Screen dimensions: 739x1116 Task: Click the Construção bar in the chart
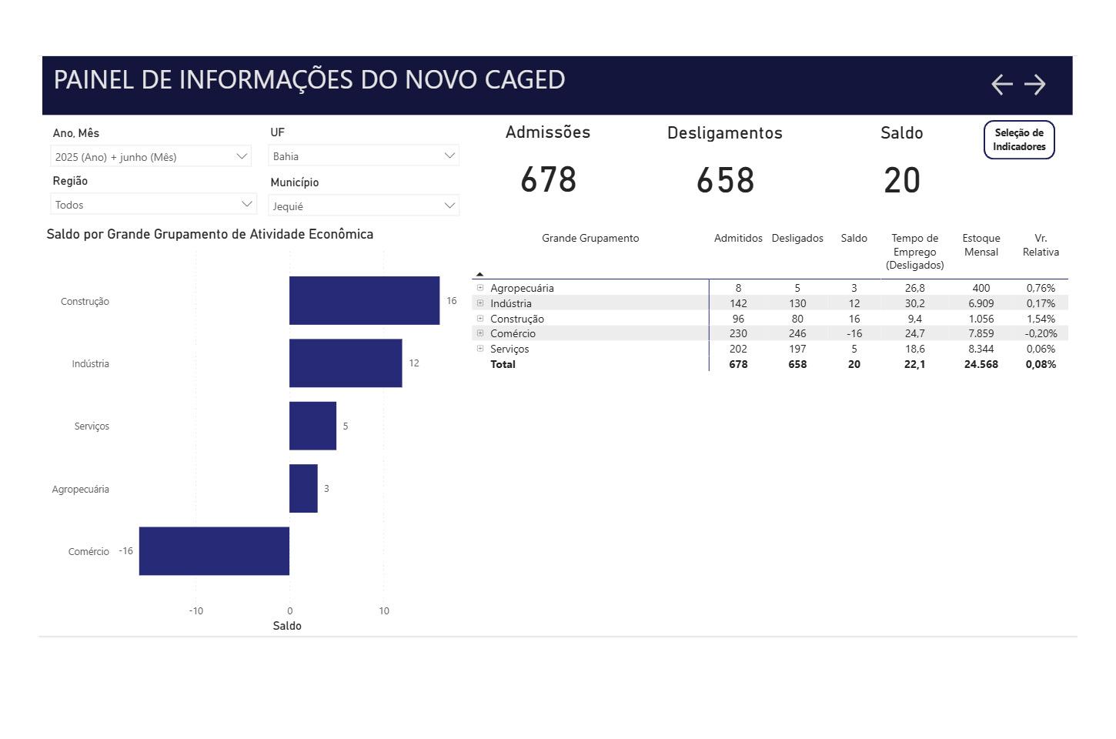coord(364,300)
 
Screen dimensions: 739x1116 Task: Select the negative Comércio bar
coord(214,551)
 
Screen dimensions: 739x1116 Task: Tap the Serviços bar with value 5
coord(312,426)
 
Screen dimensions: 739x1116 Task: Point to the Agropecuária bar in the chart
coord(303,488)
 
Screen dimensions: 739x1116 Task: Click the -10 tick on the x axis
coord(195,610)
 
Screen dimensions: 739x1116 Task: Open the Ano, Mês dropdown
coord(151,156)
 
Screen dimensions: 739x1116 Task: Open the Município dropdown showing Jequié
coord(363,206)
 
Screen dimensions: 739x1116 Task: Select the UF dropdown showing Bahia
coord(363,155)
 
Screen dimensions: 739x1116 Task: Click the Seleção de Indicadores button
coord(1018,139)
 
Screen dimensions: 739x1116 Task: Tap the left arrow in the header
coord(1001,84)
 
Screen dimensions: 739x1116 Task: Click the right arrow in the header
coord(1035,84)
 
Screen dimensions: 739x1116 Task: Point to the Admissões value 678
coord(548,180)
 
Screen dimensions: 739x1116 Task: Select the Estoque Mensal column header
coord(981,245)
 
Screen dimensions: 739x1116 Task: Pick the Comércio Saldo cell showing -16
coord(854,333)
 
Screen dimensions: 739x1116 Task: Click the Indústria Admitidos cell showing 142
coord(737,303)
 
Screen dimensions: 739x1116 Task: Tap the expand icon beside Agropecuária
coord(480,288)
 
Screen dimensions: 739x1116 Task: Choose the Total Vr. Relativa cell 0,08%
coord(1041,364)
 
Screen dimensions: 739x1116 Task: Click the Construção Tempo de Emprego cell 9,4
coord(914,319)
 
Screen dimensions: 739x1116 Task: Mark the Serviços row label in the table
coord(510,349)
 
